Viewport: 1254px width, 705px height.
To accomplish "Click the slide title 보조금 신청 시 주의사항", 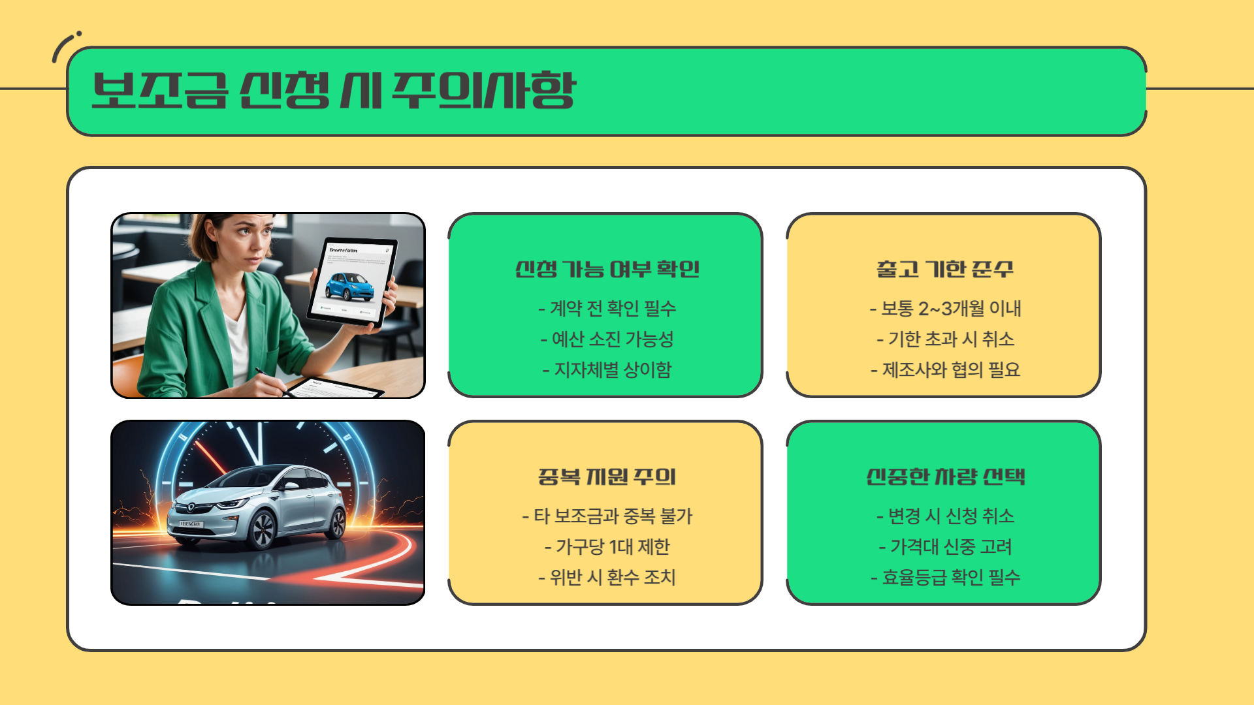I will tap(334, 90).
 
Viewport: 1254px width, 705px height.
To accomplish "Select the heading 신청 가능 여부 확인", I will tap(607, 269).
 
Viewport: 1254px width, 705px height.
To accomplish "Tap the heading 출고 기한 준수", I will tap(944, 269).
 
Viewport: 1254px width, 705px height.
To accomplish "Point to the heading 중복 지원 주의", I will tap(607, 477).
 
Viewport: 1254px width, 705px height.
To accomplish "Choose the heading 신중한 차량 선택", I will tap(945, 477).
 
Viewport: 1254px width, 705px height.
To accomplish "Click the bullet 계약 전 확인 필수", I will tap(607, 308).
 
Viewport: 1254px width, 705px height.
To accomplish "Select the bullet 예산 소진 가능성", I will tap(607, 339).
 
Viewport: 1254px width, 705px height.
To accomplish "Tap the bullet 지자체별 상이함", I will tap(607, 369).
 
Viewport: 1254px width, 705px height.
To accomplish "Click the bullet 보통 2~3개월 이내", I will tap(945, 308).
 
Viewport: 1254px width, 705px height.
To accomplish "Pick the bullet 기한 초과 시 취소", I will tap(945, 339).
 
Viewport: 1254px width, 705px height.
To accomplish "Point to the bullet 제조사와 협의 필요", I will tap(945, 369).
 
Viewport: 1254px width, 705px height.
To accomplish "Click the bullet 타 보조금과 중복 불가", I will tap(607, 516).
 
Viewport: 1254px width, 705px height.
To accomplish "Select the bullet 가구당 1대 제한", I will tap(607, 546).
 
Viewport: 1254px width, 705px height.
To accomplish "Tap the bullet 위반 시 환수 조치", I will tap(607, 577).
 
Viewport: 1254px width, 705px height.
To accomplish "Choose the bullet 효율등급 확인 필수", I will tap(945, 577).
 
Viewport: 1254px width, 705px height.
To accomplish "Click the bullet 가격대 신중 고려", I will tap(945, 546).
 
